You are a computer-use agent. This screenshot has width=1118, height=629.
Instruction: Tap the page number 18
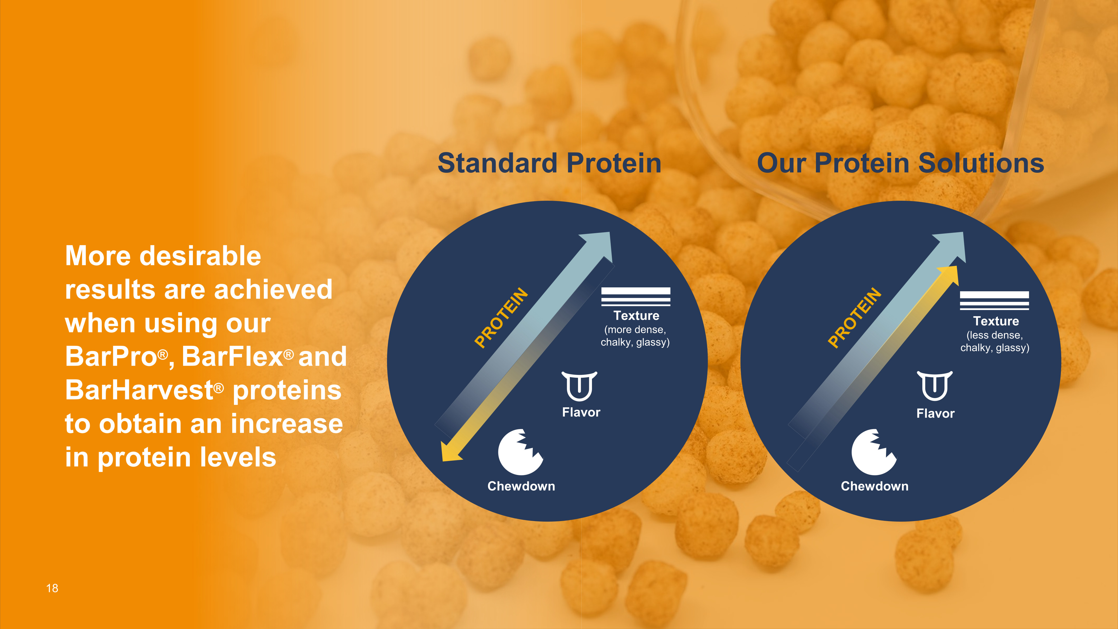[x=52, y=588]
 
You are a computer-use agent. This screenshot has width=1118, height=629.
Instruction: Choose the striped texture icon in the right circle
[x=994, y=301]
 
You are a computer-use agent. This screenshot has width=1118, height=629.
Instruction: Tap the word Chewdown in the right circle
[x=875, y=486]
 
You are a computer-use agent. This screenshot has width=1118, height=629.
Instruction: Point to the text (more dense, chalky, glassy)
[x=635, y=336]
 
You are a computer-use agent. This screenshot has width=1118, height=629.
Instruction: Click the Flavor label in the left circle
[x=581, y=412]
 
